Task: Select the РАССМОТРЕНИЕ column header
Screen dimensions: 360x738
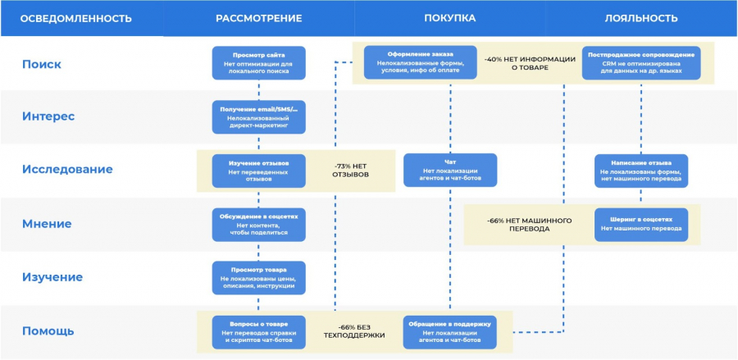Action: tap(258, 18)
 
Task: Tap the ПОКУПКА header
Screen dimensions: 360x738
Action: tap(449, 18)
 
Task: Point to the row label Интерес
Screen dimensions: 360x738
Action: tap(48, 116)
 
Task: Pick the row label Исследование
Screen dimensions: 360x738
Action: tap(67, 170)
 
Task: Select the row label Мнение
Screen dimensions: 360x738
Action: tap(47, 223)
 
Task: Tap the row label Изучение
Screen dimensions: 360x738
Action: tap(52, 277)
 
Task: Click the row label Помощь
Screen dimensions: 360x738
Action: tap(48, 330)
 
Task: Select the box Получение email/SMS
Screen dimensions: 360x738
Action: tap(258, 116)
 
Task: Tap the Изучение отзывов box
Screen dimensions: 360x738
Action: tap(258, 170)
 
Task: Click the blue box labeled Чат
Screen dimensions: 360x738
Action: tap(449, 170)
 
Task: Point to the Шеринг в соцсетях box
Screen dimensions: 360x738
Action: tap(641, 224)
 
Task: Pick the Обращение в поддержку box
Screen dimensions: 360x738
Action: tap(449, 330)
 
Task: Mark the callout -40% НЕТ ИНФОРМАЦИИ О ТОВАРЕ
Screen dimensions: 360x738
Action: tap(517, 63)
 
